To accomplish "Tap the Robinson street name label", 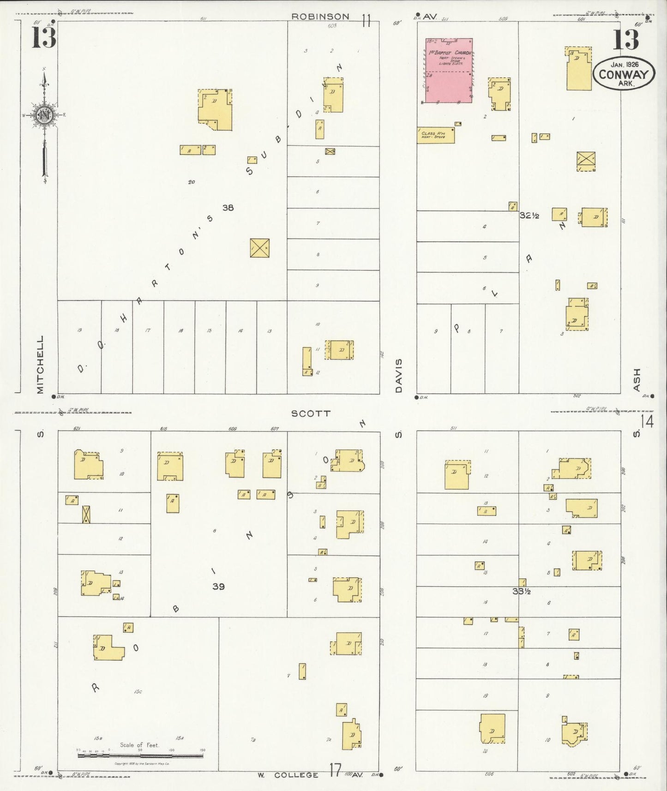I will pos(320,17).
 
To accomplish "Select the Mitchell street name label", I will pos(40,365).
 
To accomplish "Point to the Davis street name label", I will pos(399,376).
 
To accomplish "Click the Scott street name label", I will pos(311,413).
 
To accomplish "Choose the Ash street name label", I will pos(637,379).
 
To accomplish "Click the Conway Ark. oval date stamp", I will pos(624,74).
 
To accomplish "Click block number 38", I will pos(228,208).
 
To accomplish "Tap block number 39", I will pos(218,587).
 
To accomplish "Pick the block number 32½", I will pos(529,215).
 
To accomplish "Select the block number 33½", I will pos(521,591).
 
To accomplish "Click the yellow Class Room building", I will pos(435,135).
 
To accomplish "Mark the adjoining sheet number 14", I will pos(647,422).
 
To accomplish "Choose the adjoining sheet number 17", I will pos(336,769).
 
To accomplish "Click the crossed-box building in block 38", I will pos(259,248).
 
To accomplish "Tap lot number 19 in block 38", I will pos(79,330).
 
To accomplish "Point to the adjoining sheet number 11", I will pos(367,21).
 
